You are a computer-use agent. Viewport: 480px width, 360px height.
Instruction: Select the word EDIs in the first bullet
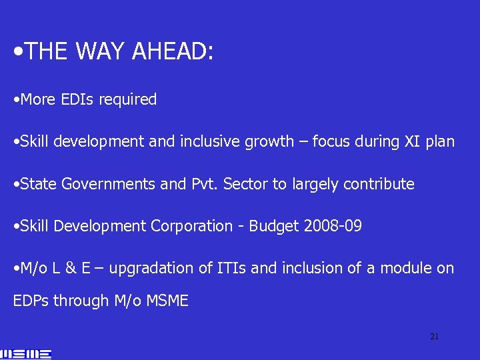click(x=77, y=100)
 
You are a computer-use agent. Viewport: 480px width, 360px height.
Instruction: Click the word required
click(x=127, y=100)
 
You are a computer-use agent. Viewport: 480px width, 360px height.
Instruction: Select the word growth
click(x=271, y=141)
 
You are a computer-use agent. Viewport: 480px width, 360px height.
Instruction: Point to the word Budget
click(x=273, y=226)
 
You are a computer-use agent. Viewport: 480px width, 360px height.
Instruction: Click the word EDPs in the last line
click(x=31, y=301)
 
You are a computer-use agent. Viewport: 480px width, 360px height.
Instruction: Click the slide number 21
click(x=434, y=337)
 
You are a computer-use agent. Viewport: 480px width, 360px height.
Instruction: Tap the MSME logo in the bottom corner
click(x=27, y=353)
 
